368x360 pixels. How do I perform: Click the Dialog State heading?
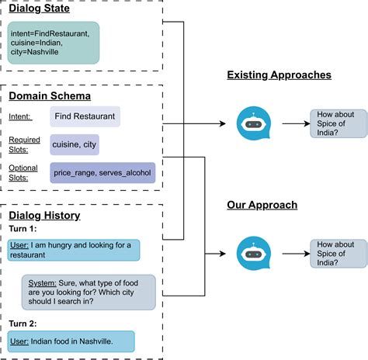[39, 9]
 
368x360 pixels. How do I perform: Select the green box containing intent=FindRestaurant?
[54, 43]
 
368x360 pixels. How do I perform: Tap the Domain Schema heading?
[50, 96]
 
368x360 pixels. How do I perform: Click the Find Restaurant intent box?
[85, 116]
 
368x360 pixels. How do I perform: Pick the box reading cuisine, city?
[75, 144]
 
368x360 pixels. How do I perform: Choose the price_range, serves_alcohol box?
[102, 173]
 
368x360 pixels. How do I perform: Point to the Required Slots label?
[24, 144]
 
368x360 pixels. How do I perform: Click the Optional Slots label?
[23, 173]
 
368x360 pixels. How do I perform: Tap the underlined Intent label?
[20, 116]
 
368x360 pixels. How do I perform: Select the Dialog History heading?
[44, 216]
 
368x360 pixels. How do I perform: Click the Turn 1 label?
[23, 229]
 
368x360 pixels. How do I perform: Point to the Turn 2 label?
[23, 324]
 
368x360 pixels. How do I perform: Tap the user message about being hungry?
[74, 250]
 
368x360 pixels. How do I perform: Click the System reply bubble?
[89, 292]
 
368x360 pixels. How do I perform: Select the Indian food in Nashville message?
[71, 341]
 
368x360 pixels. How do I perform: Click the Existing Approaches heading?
[279, 75]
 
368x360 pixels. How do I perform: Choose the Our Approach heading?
[262, 205]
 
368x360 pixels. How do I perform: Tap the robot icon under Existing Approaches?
[254, 123]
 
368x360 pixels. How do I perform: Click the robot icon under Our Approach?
[254, 254]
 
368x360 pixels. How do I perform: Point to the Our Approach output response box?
[338, 254]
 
